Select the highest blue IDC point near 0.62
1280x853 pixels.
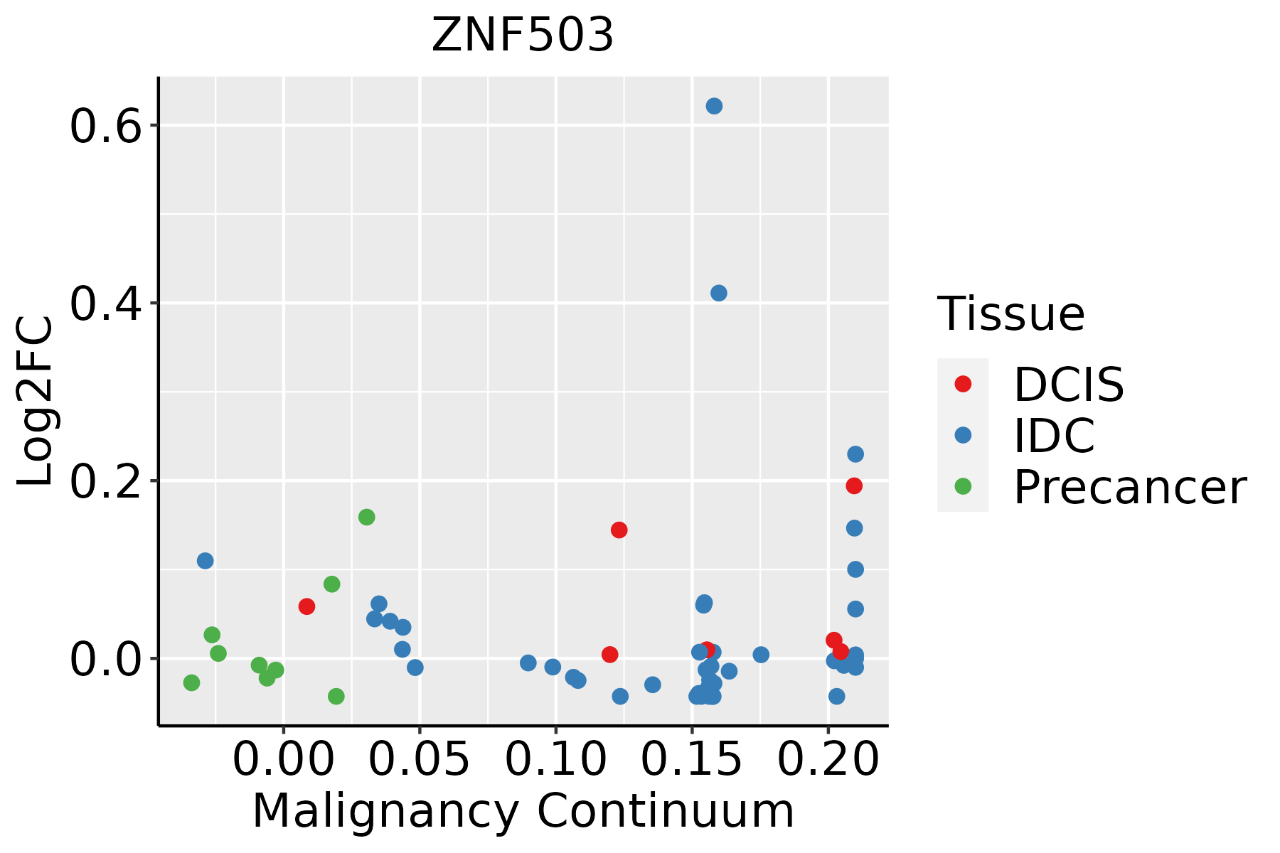(714, 106)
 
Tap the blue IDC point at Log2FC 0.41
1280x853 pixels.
(718, 293)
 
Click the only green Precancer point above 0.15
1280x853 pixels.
(366, 517)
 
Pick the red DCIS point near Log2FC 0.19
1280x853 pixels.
(854, 485)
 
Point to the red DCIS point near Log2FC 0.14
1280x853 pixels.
(619, 530)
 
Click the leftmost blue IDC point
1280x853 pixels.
(205, 561)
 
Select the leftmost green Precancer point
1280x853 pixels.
(191, 682)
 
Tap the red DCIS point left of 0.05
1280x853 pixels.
(306, 606)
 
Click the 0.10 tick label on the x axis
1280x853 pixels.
(555, 760)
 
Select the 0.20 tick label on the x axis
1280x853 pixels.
(828, 760)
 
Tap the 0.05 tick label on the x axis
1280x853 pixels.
(420, 760)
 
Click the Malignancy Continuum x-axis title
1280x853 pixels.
(523, 812)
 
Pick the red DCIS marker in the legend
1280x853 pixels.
(963, 384)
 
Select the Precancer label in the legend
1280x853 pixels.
(1129, 488)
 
